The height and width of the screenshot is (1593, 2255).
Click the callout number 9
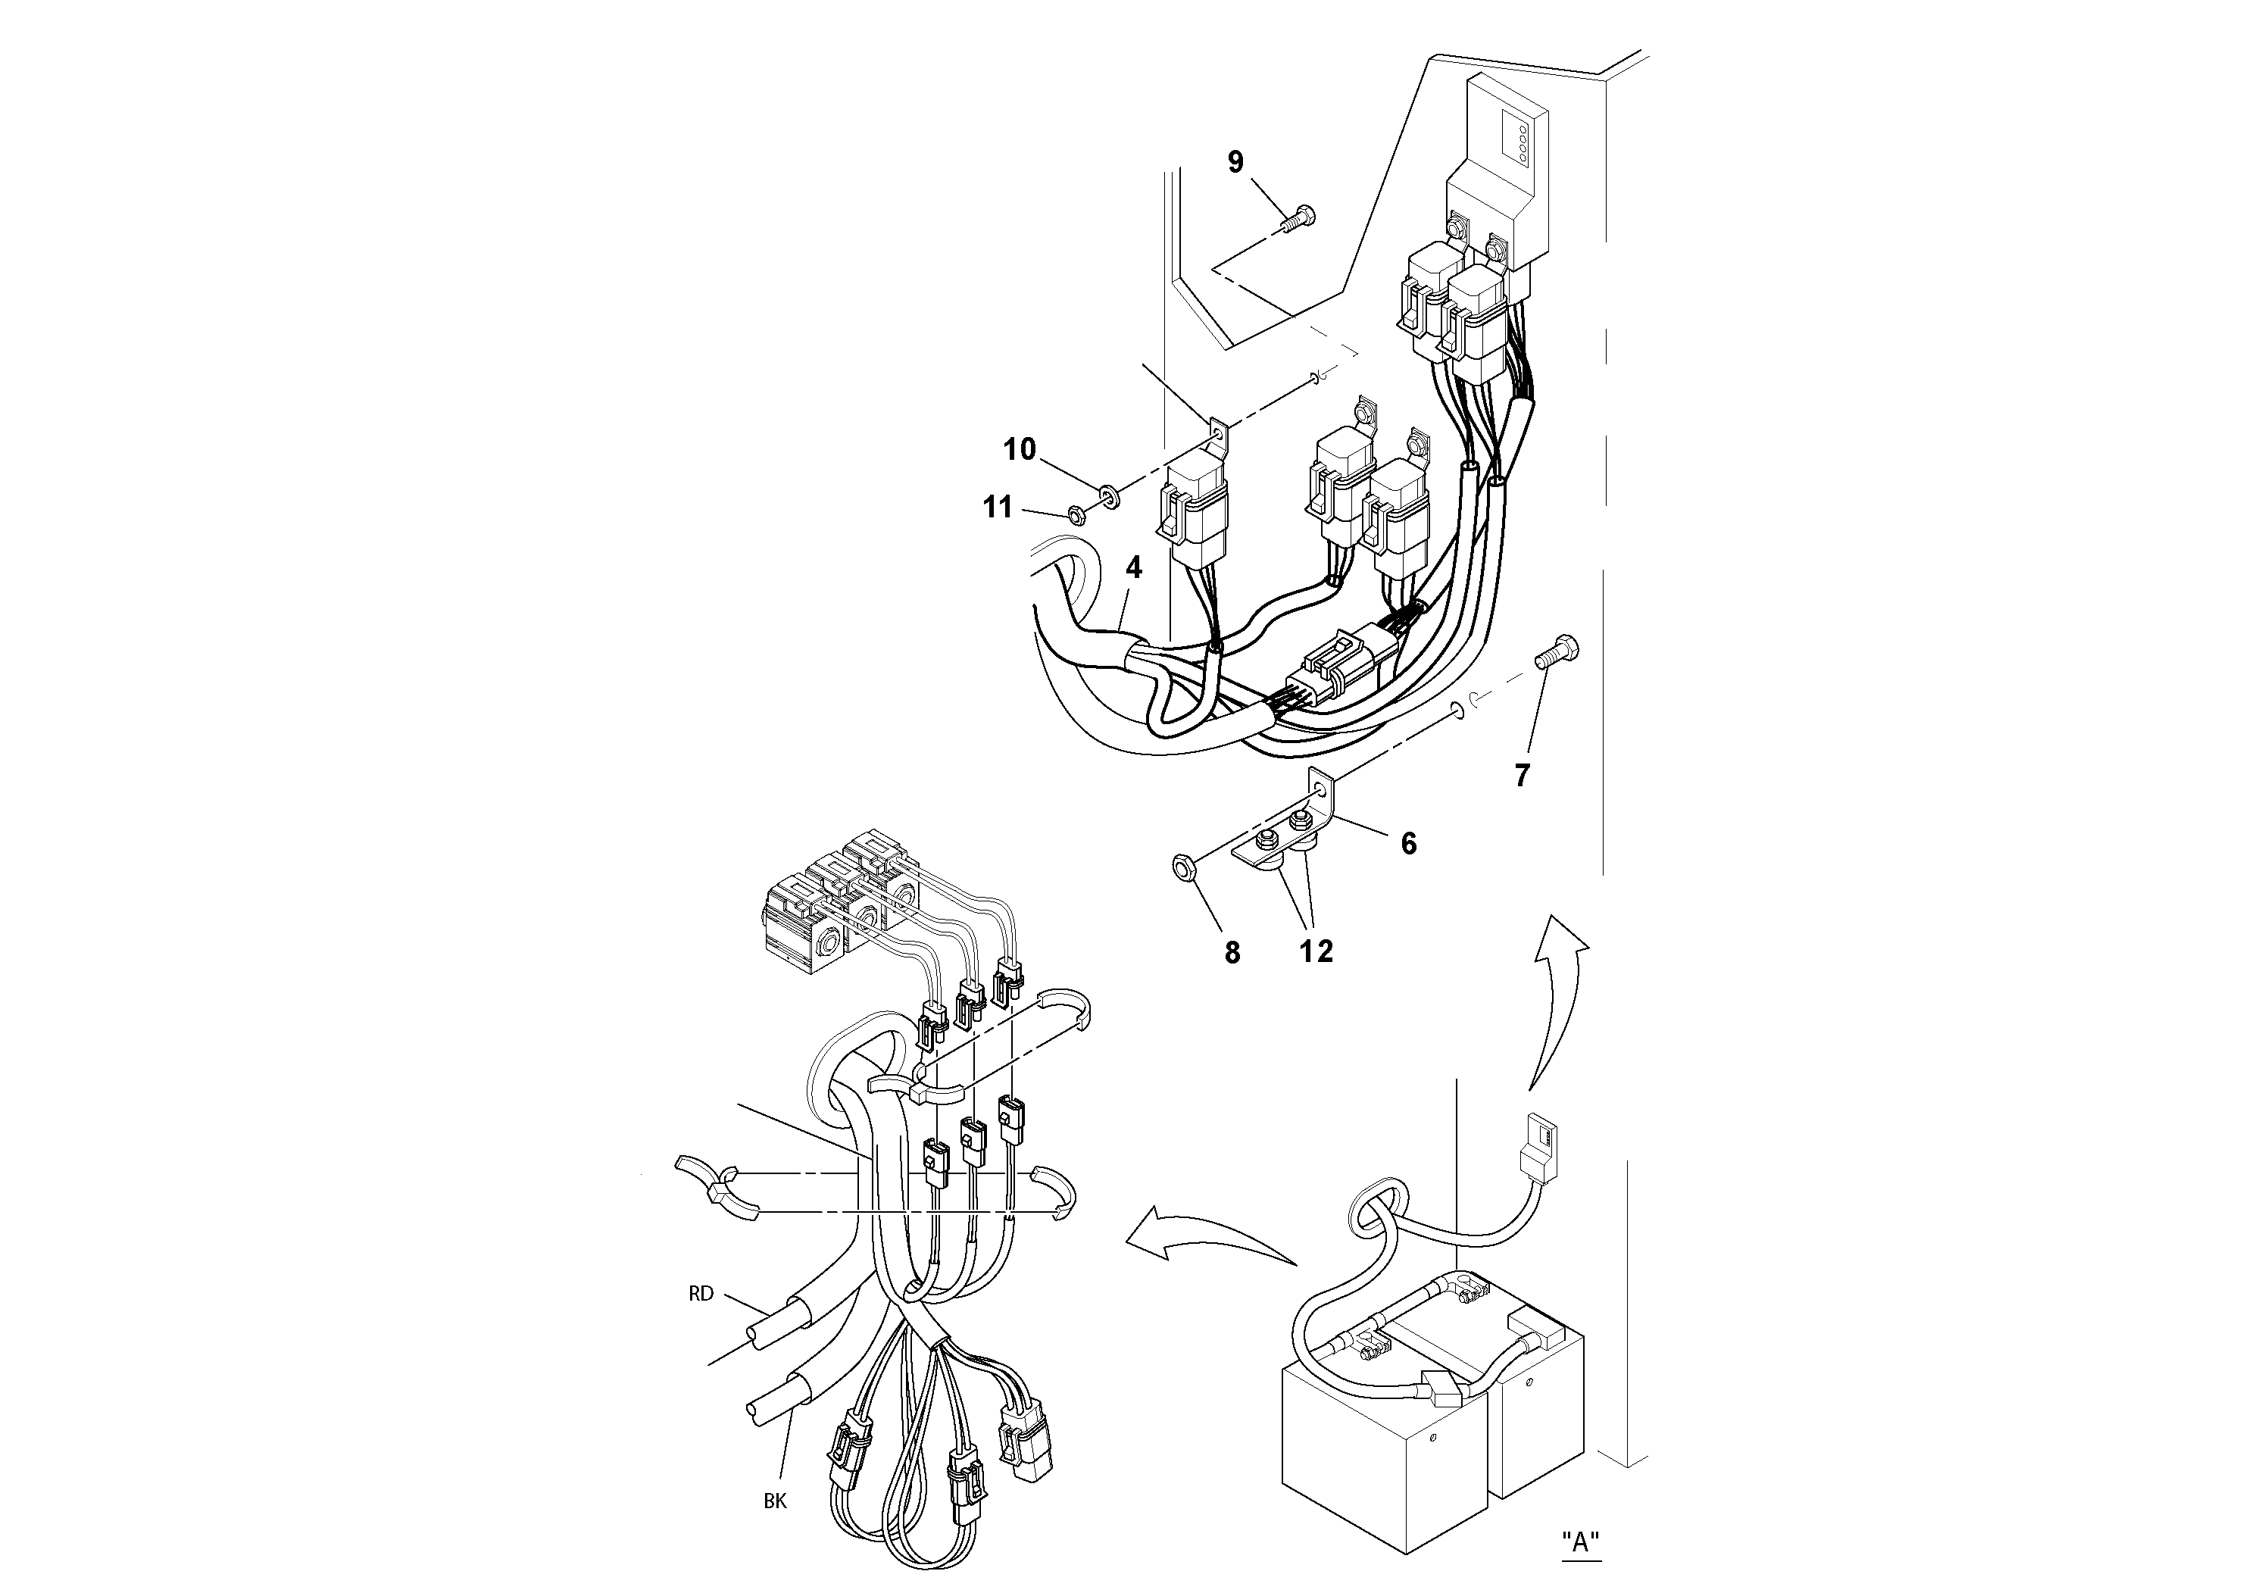pyautogui.click(x=1235, y=162)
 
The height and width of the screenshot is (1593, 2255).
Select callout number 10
pyautogui.click(x=1020, y=449)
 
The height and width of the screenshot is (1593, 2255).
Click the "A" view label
pyautogui.click(x=1580, y=1541)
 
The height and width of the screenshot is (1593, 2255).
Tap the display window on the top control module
pyautogui.click(x=1514, y=140)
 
